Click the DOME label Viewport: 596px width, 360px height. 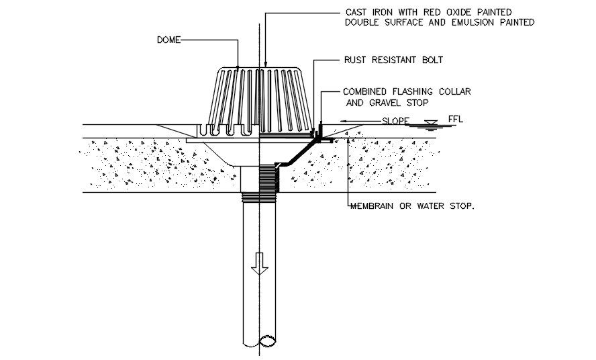(168, 40)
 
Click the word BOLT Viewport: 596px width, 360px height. (431, 60)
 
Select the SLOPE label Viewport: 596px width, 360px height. (395, 122)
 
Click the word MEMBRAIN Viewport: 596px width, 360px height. (373, 206)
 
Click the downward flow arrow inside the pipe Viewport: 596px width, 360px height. (259, 267)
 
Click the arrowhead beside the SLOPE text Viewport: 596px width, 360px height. (344, 122)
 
